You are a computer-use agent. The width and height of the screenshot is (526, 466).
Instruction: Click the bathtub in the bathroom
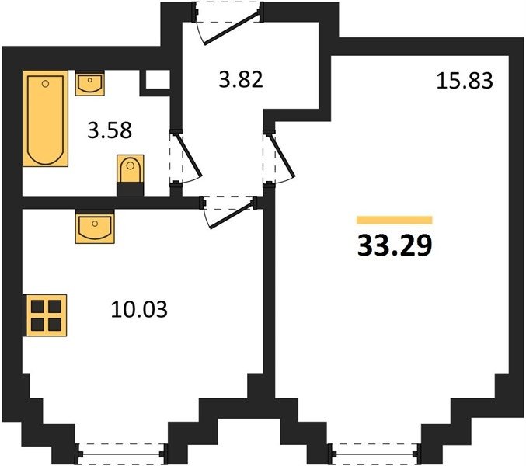click(46, 118)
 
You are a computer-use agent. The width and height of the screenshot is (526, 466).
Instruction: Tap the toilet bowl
click(131, 169)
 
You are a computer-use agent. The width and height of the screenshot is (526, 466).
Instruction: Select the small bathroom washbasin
click(89, 83)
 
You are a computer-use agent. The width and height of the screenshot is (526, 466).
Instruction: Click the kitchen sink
click(95, 226)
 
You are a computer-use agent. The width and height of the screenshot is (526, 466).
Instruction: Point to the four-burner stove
click(47, 315)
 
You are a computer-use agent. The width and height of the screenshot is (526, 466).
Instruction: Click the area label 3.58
click(110, 130)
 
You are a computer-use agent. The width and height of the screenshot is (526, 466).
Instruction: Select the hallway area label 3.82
click(241, 80)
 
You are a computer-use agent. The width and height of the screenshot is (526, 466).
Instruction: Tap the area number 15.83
click(465, 81)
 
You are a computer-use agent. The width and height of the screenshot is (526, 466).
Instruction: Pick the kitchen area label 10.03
click(139, 309)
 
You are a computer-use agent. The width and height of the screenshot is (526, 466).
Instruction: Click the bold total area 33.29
click(395, 245)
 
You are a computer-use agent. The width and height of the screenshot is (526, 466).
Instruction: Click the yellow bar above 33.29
click(395, 220)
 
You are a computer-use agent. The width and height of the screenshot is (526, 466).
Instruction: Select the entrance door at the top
click(228, 23)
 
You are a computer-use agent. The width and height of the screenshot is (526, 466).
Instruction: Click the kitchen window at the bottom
click(120, 454)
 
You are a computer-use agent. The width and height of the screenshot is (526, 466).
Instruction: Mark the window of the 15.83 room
click(374, 454)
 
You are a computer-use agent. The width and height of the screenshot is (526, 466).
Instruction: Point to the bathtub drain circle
click(46, 83)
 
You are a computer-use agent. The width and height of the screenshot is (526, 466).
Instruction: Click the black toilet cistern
click(131, 190)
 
